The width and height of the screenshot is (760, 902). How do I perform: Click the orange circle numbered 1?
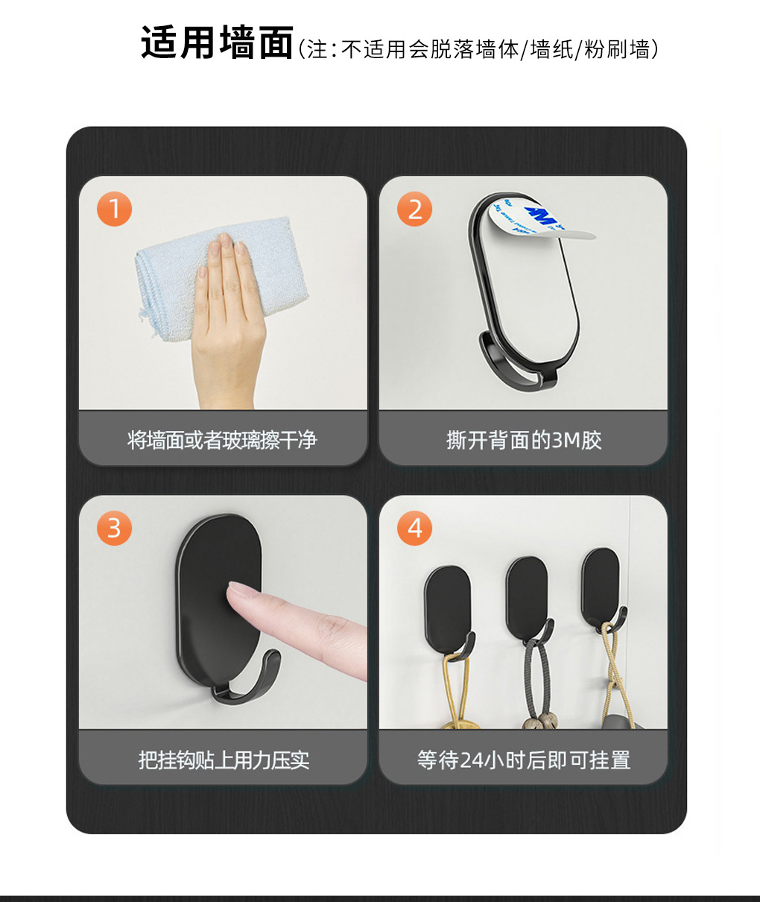pyautogui.click(x=115, y=209)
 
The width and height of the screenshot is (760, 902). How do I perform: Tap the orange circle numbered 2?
pyautogui.click(x=414, y=209)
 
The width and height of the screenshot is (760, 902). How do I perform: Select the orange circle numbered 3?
pyautogui.click(x=115, y=528)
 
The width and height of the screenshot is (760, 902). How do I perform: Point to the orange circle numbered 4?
pyautogui.click(x=414, y=528)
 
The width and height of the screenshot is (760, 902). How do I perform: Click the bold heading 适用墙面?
pyautogui.click(x=218, y=42)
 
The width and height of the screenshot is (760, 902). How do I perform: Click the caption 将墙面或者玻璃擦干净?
pyautogui.click(x=222, y=441)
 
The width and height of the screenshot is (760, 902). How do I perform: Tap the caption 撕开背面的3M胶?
pyautogui.click(x=524, y=441)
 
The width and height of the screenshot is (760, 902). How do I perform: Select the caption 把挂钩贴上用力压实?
pyautogui.click(x=224, y=760)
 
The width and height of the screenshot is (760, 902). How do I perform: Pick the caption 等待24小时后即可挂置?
pyautogui.click(x=524, y=760)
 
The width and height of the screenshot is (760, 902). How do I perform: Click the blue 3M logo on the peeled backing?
pyautogui.click(x=542, y=215)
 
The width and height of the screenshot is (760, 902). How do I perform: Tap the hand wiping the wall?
pyautogui.click(x=227, y=320)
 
